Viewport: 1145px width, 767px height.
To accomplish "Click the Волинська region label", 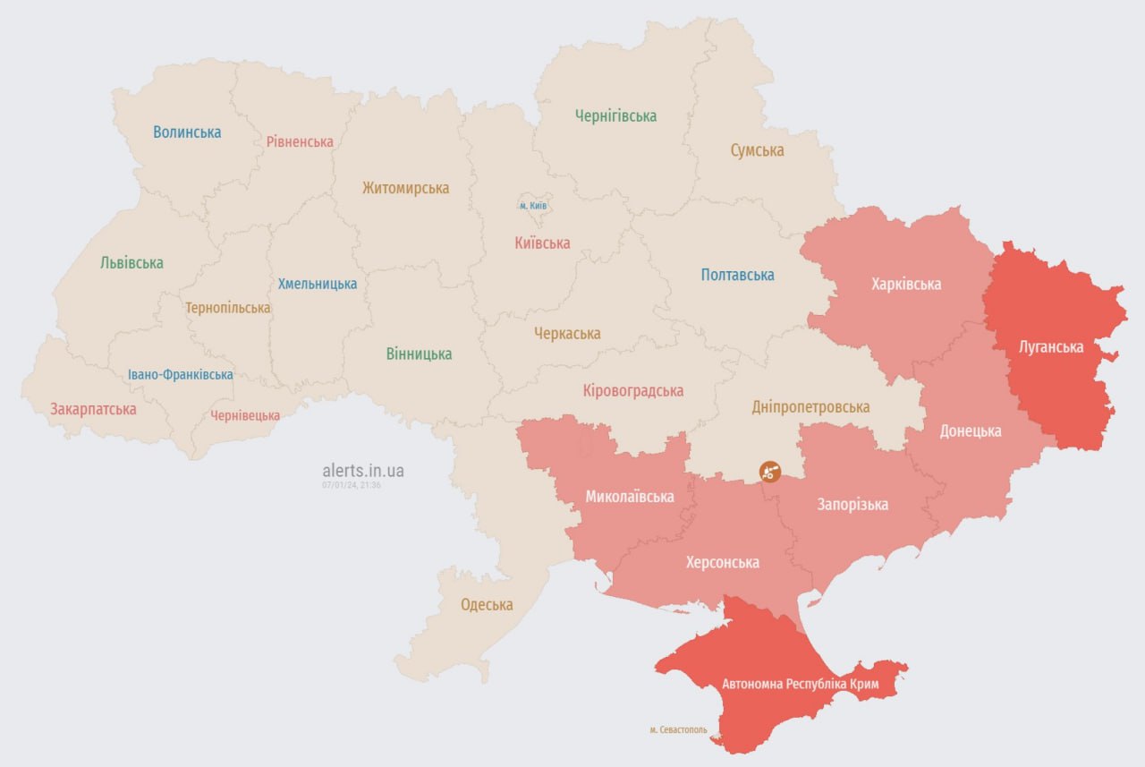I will point(187,132).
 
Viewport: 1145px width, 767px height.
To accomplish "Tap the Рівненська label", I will point(300,141).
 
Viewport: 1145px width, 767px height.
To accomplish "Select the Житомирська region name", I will point(405,188).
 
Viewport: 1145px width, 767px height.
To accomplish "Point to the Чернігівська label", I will point(615,115).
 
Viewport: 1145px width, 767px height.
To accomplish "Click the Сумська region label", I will point(757,150).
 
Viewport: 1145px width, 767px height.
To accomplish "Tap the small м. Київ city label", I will point(533,206).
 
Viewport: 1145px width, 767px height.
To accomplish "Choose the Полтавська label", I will point(737,275).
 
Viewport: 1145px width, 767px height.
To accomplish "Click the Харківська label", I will point(906,284).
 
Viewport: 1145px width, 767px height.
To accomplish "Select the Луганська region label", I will point(1051,346).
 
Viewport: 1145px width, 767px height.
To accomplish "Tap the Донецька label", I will point(970,430).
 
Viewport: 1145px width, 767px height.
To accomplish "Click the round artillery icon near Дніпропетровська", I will point(769,472).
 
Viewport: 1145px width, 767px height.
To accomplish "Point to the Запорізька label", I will point(852,505).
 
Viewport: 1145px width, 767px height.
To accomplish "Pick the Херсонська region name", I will point(722,562).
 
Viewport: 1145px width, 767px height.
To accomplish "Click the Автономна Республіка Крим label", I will point(801,685).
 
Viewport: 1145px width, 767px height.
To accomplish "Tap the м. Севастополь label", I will point(678,730).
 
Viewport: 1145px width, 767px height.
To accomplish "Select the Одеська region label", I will point(487,605).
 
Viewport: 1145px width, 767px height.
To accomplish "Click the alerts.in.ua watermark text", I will point(363,470).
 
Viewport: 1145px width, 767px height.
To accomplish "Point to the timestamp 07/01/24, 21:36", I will point(352,485).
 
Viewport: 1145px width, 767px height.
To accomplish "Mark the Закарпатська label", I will point(93,409).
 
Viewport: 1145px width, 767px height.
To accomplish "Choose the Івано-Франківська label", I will point(180,375).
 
